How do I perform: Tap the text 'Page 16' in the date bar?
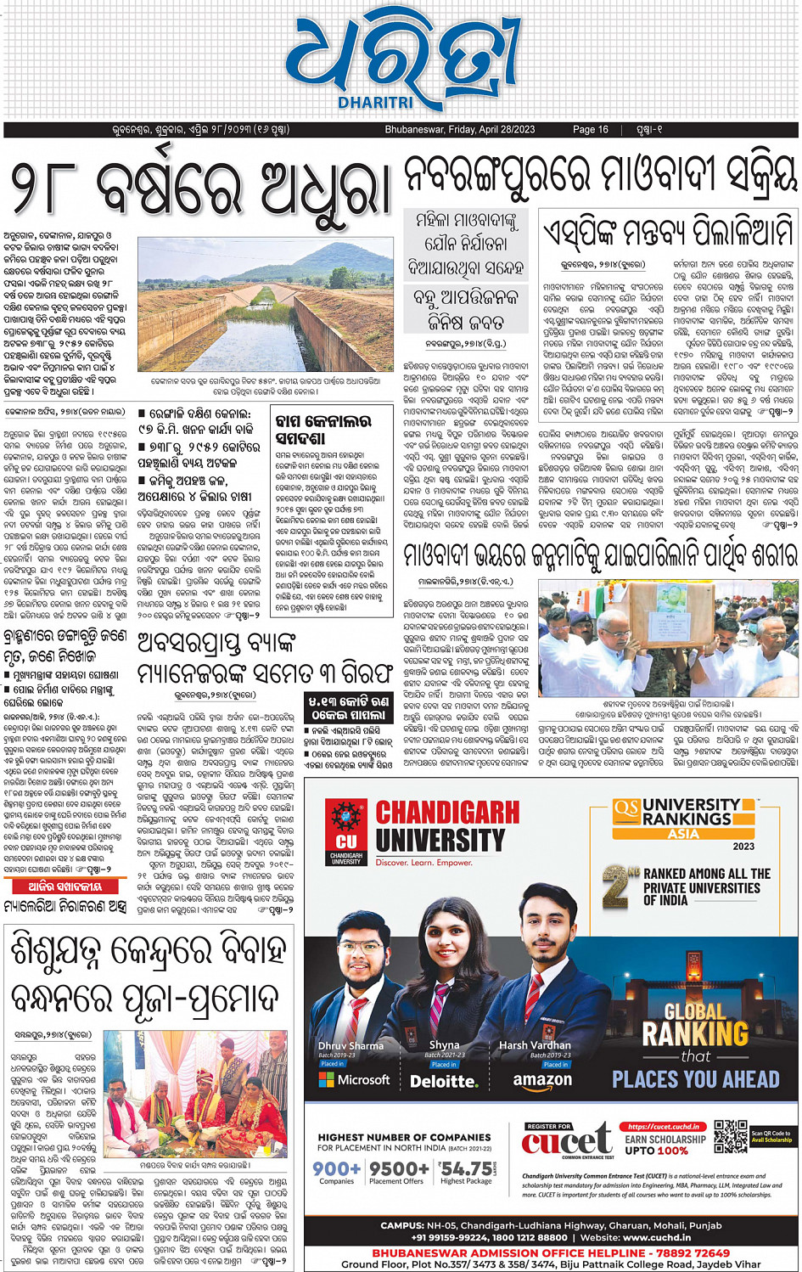point(590,130)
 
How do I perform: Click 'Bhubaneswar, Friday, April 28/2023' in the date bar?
point(459,130)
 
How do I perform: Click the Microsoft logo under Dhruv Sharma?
point(354,1080)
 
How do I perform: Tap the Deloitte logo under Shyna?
point(443,1082)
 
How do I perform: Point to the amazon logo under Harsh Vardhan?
point(541,1081)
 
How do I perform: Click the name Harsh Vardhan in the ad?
point(535,1045)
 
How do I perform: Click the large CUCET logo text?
point(566,1140)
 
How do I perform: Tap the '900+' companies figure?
point(336,1168)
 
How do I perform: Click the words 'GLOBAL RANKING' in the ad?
point(695,1023)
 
